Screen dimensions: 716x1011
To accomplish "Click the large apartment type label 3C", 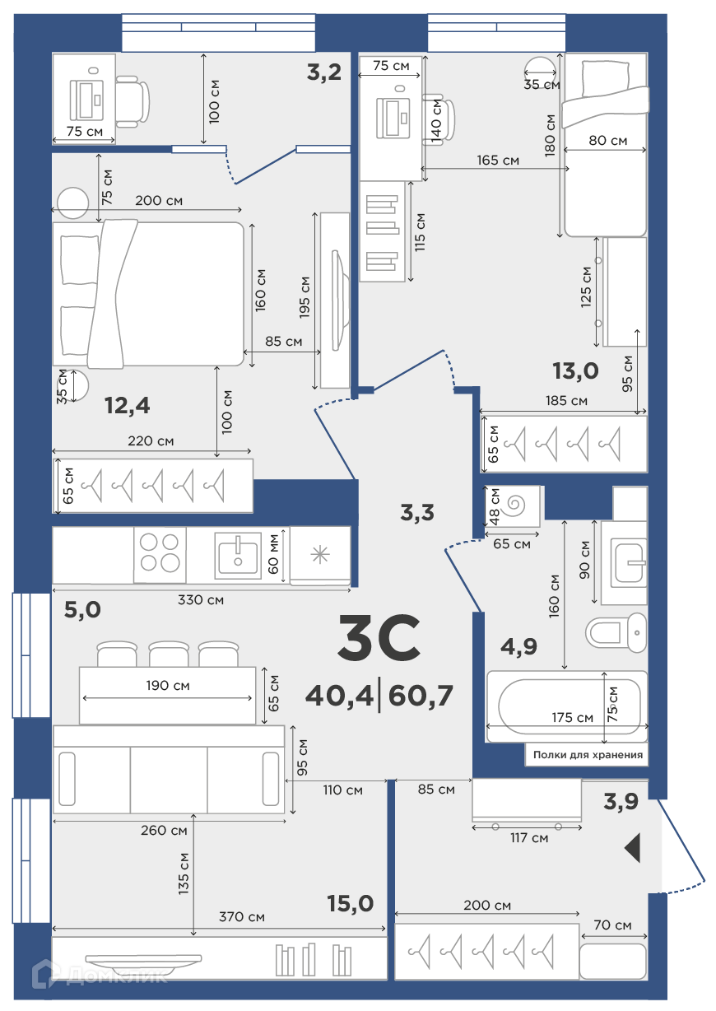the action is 379,637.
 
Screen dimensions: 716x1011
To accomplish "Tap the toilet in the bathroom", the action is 616,632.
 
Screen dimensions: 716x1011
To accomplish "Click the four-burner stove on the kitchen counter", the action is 160,555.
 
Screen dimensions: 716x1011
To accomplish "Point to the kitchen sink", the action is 238,556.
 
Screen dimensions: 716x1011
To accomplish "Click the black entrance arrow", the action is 633,849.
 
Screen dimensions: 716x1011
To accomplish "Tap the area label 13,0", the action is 576,371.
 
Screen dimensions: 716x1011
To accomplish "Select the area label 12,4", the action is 128,405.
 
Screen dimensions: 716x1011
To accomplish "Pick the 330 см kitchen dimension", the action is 201,600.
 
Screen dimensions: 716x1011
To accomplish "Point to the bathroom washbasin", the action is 629,564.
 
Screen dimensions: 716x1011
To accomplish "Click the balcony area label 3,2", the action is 324,72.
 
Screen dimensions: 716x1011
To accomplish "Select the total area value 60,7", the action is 421,696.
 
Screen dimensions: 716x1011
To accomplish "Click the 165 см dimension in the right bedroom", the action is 498,161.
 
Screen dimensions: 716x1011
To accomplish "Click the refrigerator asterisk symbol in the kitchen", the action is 320,554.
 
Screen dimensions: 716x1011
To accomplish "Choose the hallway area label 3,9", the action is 621,802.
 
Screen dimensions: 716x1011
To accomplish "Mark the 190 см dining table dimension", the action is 168,686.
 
